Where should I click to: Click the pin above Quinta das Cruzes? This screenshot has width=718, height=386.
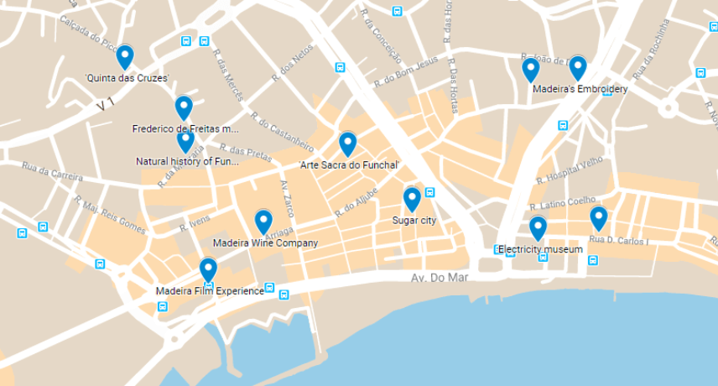click(125, 56)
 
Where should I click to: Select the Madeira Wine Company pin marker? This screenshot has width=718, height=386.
click(263, 222)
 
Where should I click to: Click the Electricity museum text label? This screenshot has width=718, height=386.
click(540, 250)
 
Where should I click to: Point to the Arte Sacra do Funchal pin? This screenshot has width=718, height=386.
click(347, 143)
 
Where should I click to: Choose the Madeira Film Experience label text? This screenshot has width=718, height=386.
click(210, 291)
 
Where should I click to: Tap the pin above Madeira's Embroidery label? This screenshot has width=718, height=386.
click(577, 68)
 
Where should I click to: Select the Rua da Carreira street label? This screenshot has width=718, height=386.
click(52, 172)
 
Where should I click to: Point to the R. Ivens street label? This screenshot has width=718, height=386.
click(195, 223)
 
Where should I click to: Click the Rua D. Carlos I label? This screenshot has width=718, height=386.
click(619, 241)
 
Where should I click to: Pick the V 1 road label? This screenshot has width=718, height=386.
click(105, 105)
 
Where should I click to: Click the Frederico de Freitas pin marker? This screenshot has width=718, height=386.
click(184, 107)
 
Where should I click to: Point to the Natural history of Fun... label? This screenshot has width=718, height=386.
click(187, 161)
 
